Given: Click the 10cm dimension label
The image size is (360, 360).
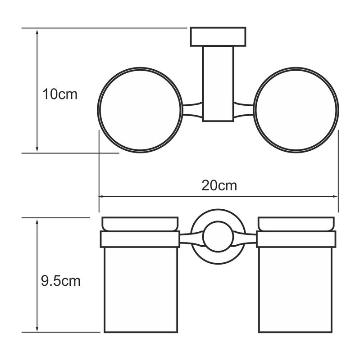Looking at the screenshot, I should pyautogui.click(x=60, y=94).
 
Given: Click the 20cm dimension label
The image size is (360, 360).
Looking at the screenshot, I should pyautogui.click(x=219, y=185).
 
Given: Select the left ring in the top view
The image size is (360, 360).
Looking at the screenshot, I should pyautogui.click(x=140, y=110).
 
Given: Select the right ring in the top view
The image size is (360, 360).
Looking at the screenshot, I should pyautogui.click(x=296, y=110).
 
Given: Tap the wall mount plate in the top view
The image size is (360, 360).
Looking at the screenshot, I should pyautogui.click(x=218, y=37).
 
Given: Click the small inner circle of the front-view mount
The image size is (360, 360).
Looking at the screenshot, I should pyautogui.click(x=219, y=235).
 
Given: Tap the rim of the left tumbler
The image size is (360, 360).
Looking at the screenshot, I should pyautogui.click(x=140, y=224).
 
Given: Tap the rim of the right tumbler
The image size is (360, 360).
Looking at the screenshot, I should pyautogui.click(x=296, y=224).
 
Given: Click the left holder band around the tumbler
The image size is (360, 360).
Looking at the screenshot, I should pyautogui.click(x=140, y=239).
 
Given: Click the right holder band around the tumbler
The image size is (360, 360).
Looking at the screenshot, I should pyautogui.click(x=296, y=239).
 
